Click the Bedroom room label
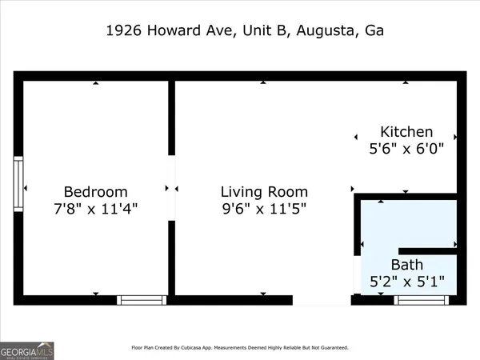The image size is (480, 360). click(x=95, y=192)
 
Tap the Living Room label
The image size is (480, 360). click(x=264, y=192)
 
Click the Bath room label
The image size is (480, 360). click(x=407, y=265)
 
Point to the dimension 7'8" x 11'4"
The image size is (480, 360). click(x=95, y=209)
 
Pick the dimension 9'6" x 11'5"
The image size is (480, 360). click(x=264, y=209)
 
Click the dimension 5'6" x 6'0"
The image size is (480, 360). click(x=406, y=149)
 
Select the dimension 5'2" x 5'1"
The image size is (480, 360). click(x=407, y=282)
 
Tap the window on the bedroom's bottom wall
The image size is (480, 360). click(x=142, y=300)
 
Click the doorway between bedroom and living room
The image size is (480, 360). click(x=171, y=188)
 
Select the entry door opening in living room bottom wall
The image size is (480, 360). click(x=322, y=300)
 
